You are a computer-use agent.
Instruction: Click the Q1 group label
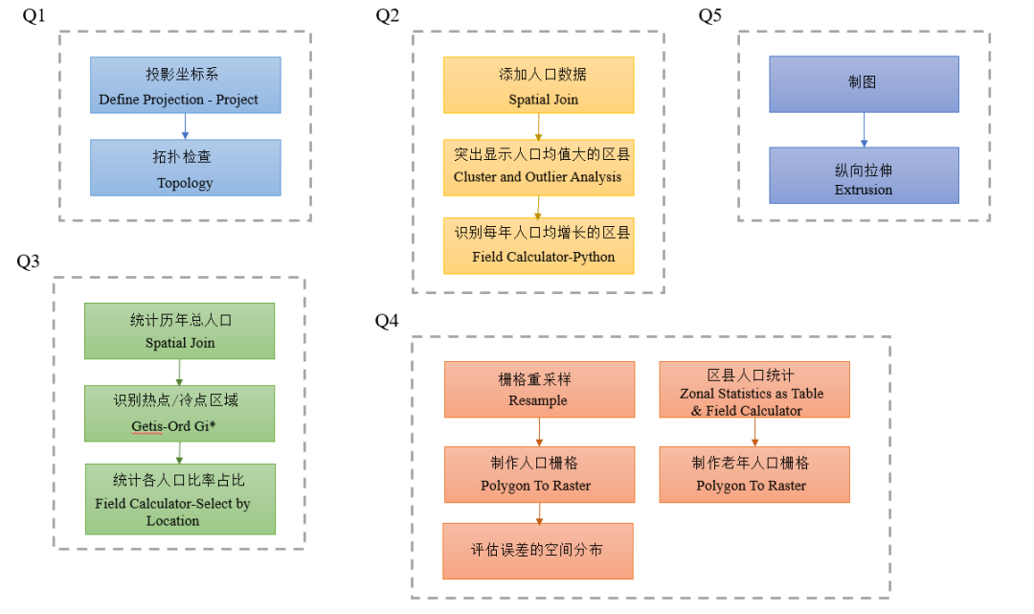pos(34,16)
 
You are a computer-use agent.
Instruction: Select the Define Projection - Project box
pos(186,85)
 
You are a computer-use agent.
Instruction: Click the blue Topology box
pos(186,168)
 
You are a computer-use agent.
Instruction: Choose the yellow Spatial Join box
pos(538,85)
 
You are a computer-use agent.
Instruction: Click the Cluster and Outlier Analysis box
pos(538,168)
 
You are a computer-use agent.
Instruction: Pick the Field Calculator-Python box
pos(538,246)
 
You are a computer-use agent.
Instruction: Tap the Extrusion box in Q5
pos(864,175)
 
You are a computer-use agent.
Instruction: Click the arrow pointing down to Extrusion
pos(864,130)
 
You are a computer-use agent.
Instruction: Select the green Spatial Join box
pos(179,331)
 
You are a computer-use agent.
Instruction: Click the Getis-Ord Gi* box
pos(179,413)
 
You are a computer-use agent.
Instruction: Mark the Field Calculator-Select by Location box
pos(179,499)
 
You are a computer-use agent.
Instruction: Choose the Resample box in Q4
pos(539,389)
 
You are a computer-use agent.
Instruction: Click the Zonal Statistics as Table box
pos(754,389)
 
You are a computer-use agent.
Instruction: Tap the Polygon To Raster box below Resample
pos(539,474)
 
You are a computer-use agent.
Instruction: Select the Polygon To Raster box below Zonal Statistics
pos(754,474)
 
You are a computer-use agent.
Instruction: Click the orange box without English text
pos(537,551)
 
